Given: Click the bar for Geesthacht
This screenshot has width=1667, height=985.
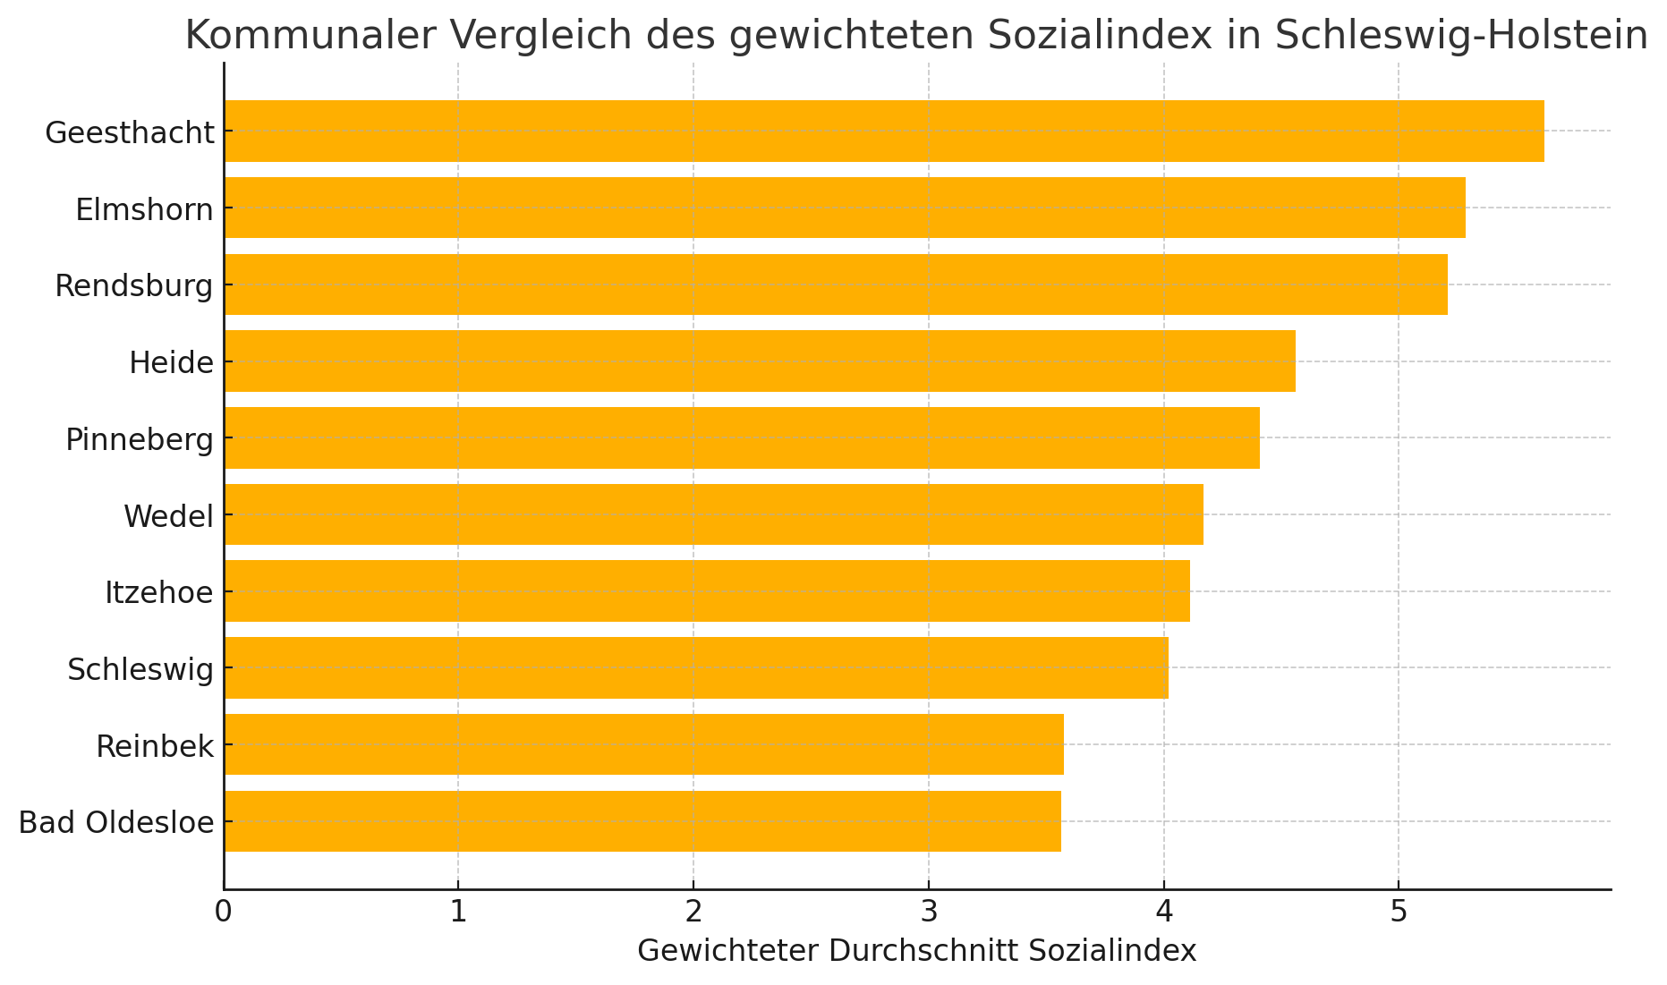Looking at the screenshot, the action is (x=884, y=132).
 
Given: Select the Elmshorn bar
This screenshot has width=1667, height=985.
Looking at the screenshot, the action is (x=845, y=208).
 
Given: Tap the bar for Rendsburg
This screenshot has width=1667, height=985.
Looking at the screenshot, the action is (x=836, y=284).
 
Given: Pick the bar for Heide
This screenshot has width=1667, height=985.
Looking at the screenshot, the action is (x=760, y=361).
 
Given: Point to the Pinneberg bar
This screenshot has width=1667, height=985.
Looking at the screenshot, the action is (x=742, y=438).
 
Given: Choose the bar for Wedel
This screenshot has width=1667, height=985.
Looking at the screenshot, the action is (x=714, y=514).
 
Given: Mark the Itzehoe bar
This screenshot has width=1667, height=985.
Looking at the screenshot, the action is (x=707, y=591).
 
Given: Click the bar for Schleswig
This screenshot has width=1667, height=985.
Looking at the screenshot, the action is (x=696, y=668).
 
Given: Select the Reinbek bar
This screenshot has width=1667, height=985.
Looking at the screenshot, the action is (x=644, y=744).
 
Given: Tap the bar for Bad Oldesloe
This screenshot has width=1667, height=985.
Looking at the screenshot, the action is (x=642, y=821).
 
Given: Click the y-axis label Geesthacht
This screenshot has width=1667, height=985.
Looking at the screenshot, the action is (x=130, y=133).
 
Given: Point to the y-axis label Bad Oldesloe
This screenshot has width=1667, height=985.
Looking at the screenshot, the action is (x=116, y=823).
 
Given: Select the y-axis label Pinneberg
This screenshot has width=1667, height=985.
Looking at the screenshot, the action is (x=140, y=440).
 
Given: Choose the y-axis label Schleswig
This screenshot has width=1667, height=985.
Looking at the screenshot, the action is (x=141, y=670).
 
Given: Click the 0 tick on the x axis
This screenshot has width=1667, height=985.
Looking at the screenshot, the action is (x=224, y=912).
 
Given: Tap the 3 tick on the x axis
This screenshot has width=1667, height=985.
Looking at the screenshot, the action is (x=929, y=912).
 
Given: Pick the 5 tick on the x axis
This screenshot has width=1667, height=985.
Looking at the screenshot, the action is (x=1398, y=912).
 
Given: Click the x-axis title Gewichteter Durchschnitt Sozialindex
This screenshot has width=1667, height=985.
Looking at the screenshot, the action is (x=917, y=951).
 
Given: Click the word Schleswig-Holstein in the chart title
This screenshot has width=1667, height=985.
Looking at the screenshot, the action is (x=1461, y=37).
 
